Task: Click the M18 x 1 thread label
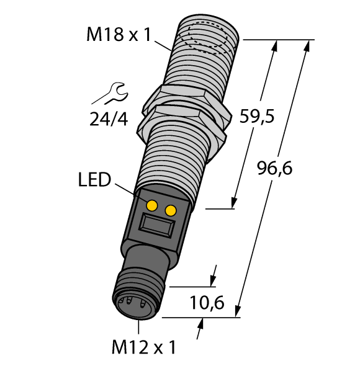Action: click(x=119, y=35)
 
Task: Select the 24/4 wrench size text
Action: click(x=108, y=118)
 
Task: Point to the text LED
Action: click(x=95, y=181)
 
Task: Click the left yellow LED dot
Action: click(x=151, y=205)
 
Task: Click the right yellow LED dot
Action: click(x=169, y=211)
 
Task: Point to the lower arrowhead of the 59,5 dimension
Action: click(x=235, y=202)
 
